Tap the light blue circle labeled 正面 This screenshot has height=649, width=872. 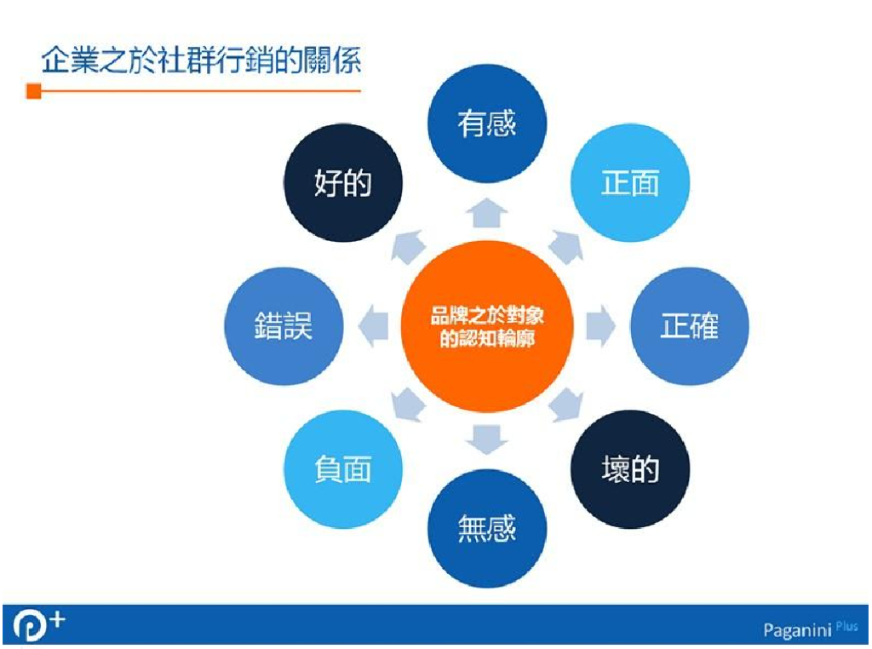630,183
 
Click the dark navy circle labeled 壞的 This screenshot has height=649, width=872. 630,470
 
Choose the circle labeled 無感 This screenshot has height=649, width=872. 487,529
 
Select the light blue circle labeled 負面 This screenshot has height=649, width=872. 343,470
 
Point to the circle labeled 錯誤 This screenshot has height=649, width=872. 284,326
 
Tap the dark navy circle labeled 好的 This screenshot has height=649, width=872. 343,183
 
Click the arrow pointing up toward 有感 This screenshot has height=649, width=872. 487,213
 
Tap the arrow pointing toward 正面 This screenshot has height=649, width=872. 566,247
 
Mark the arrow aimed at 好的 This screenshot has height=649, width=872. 407,247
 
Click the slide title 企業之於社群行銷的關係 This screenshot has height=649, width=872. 202,61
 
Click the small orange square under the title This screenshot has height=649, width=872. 34,91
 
